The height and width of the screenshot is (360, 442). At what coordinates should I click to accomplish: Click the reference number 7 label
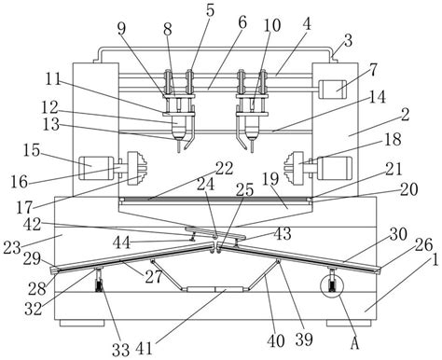(x=373, y=70)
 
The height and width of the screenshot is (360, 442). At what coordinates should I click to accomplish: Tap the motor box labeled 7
(x=333, y=90)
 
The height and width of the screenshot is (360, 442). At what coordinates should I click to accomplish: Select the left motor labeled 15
(x=96, y=168)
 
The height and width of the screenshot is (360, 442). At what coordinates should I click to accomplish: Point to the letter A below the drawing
(x=354, y=343)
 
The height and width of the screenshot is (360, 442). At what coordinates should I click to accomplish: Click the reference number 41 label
(x=144, y=349)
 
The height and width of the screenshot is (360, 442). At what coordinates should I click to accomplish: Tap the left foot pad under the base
(x=82, y=323)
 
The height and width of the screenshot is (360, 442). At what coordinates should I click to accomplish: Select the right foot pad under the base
(x=349, y=323)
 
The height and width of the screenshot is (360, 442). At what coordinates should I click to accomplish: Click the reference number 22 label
(x=224, y=169)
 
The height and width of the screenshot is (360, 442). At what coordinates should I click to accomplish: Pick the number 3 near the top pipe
(x=348, y=40)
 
